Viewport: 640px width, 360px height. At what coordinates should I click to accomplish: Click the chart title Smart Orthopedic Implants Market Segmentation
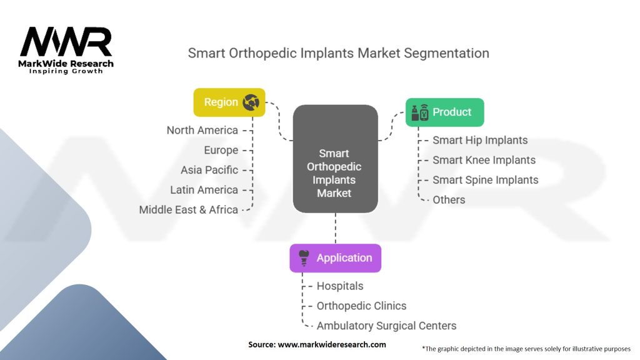(338, 53)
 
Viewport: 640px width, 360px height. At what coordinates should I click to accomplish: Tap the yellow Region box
(229, 102)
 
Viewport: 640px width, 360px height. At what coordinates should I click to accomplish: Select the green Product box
(444, 112)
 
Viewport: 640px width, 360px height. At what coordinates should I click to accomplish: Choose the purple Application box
(335, 257)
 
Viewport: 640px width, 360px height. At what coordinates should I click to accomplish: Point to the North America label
(202, 130)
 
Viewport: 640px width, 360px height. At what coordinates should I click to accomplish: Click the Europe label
(221, 150)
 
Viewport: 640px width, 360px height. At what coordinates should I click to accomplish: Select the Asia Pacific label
(209, 170)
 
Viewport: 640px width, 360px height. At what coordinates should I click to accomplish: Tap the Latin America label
(204, 190)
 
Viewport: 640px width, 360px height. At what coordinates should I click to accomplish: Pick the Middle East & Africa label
(188, 210)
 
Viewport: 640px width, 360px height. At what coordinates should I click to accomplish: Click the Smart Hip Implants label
(480, 140)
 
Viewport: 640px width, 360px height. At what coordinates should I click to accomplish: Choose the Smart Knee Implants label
(484, 160)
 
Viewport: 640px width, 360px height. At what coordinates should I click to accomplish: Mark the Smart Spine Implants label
(485, 180)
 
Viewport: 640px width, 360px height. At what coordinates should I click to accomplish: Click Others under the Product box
(449, 200)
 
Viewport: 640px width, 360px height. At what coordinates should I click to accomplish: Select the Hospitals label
(339, 286)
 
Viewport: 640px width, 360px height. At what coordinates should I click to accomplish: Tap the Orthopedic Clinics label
(361, 306)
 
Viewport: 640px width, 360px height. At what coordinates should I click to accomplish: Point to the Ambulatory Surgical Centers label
(386, 326)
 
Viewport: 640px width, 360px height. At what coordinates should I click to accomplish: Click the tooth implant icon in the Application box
(304, 257)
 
